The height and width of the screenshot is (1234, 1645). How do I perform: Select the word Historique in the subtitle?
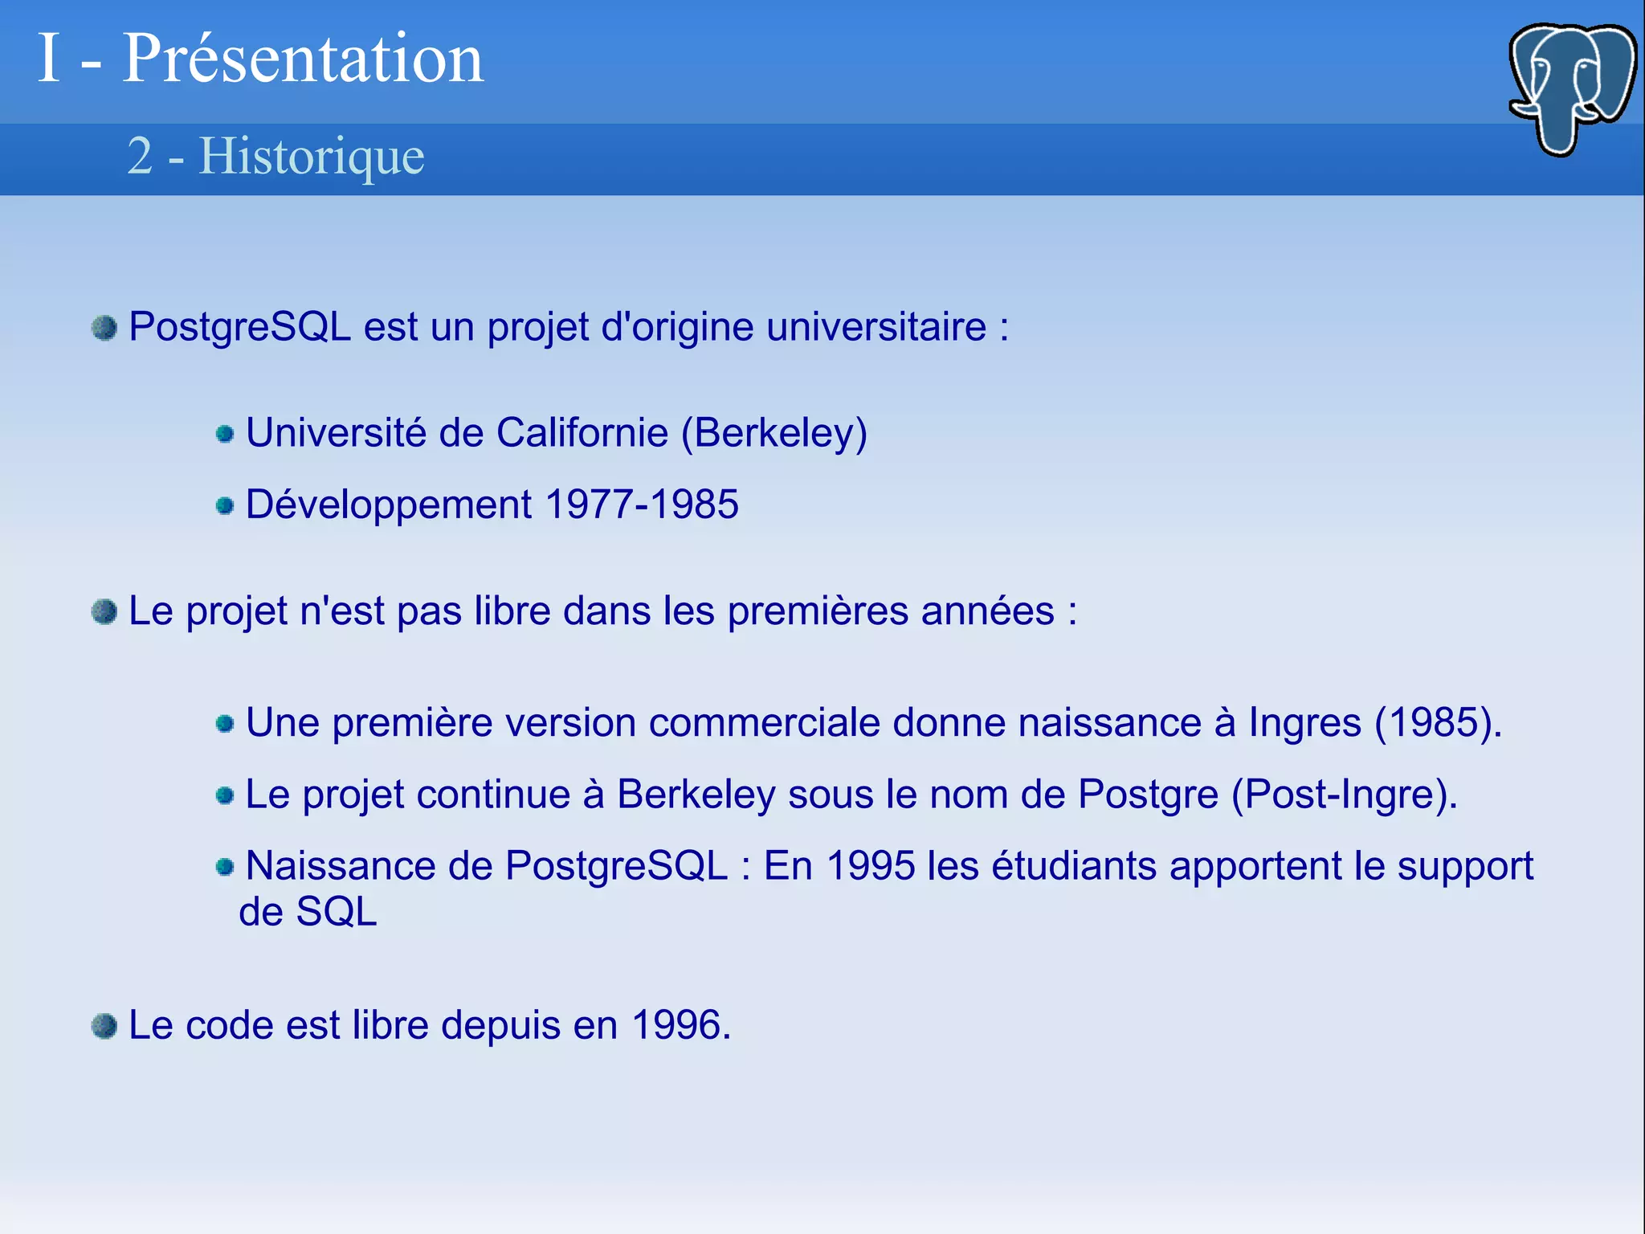click(311, 156)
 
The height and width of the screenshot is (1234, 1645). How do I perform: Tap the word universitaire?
click(876, 327)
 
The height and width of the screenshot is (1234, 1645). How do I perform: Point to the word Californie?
click(582, 433)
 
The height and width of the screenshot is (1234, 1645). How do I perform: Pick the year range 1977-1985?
click(642, 505)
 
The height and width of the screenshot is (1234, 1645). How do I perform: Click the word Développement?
click(389, 505)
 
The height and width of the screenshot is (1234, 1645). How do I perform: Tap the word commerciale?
click(764, 722)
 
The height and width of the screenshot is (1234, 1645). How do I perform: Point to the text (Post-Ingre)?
click(1344, 795)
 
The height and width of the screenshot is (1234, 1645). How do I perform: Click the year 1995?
click(871, 866)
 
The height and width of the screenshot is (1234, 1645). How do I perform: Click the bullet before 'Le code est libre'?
click(104, 1026)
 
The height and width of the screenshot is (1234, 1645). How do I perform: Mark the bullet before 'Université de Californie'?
click(225, 435)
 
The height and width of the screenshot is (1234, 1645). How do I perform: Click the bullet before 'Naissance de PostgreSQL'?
click(225, 867)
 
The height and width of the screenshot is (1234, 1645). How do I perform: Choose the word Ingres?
click(1304, 722)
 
